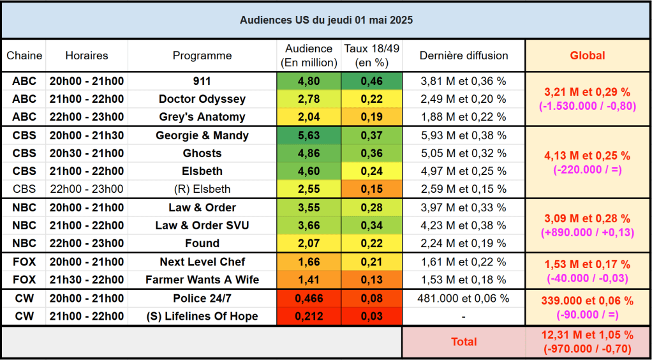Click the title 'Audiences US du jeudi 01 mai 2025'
[x=326, y=20]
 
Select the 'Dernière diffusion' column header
[x=464, y=56]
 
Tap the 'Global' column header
[x=588, y=56]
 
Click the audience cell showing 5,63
[x=309, y=135]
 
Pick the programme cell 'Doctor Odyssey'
[x=202, y=99]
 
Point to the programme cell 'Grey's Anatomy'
[x=202, y=117]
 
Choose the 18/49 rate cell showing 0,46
[x=371, y=81]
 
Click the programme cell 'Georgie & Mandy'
[x=202, y=135]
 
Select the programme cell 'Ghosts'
[x=202, y=153]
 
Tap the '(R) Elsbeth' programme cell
[x=202, y=189]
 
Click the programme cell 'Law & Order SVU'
[x=202, y=225]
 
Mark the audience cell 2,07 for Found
[x=309, y=243]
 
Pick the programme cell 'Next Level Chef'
[x=202, y=262]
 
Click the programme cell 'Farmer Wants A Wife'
[x=202, y=280]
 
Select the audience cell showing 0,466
[x=309, y=298]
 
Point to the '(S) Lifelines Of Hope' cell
[x=202, y=316]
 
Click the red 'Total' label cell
[x=464, y=341]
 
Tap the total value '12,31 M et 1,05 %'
[x=588, y=334]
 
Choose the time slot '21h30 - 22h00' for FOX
[x=87, y=280]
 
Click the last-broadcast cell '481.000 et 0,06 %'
[x=464, y=298]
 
